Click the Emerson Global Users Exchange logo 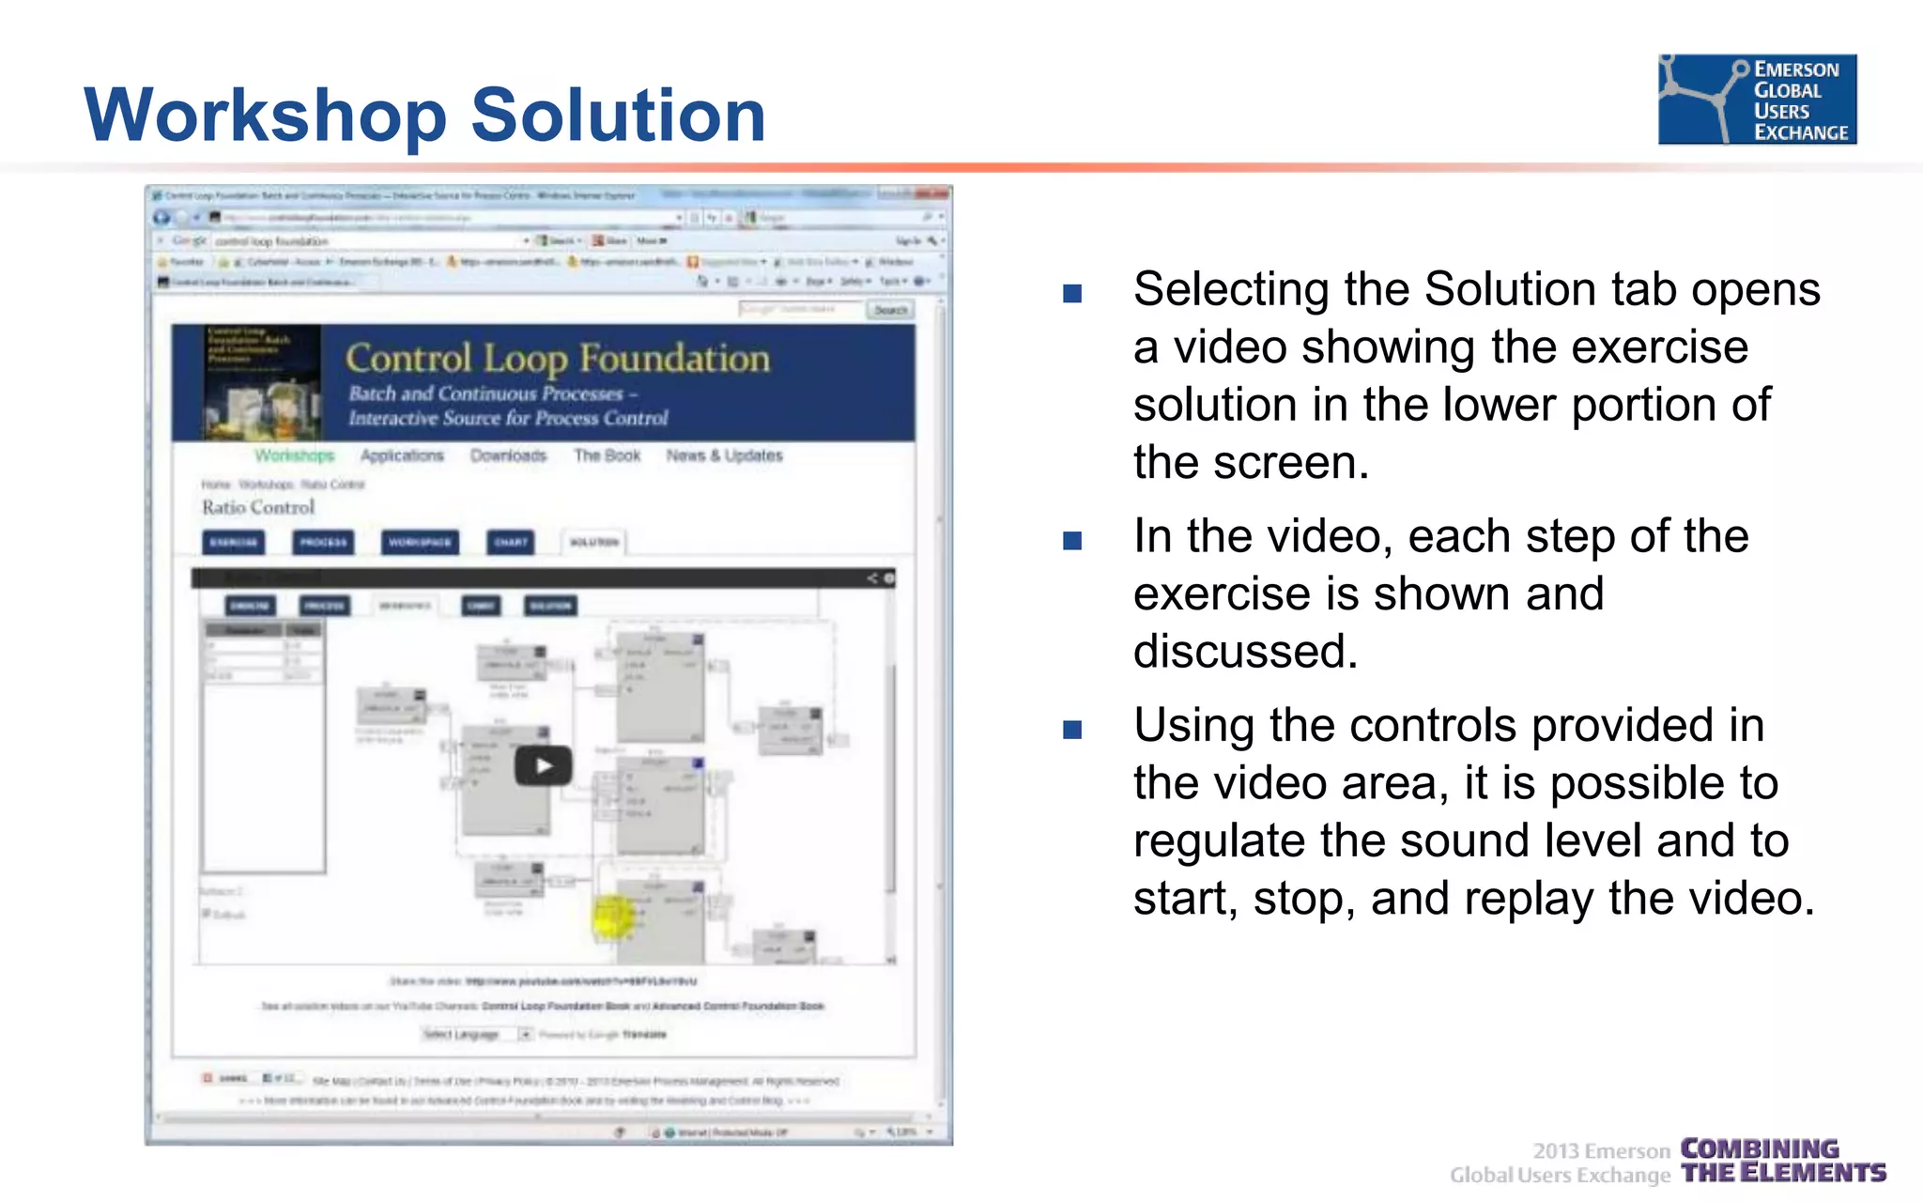(x=1757, y=100)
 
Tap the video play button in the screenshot (x=543, y=765)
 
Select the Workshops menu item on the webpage (x=294, y=455)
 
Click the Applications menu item (x=402, y=455)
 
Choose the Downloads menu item (x=508, y=455)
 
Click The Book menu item (x=607, y=455)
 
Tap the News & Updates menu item (x=724, y=455)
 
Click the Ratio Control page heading (x=258, y=507)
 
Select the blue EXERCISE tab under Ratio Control (x=234, y=542)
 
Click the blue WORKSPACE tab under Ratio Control (x=420, y=542)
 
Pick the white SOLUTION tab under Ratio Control (x=594, y=542)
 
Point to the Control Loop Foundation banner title (x=558, y=359)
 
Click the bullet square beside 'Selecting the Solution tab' (x=1072, y=294)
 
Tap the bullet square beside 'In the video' (x=1072, y=541)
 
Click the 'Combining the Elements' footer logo (x=1782, y=1161)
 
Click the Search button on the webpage (x=890, y=309)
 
